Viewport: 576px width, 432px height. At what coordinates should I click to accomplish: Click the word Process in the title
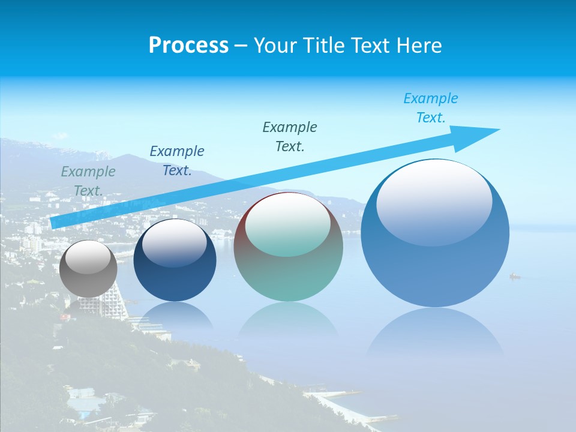188,46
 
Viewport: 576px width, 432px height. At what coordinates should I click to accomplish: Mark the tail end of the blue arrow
53,223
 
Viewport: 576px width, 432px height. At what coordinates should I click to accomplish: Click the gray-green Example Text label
88,181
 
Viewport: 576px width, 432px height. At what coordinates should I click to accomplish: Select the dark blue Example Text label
177,160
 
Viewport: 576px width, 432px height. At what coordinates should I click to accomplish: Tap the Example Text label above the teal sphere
290,136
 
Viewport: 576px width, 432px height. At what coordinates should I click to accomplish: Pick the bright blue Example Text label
431,108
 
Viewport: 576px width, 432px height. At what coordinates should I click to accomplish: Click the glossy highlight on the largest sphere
434,201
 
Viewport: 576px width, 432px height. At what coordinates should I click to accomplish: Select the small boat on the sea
515,276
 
